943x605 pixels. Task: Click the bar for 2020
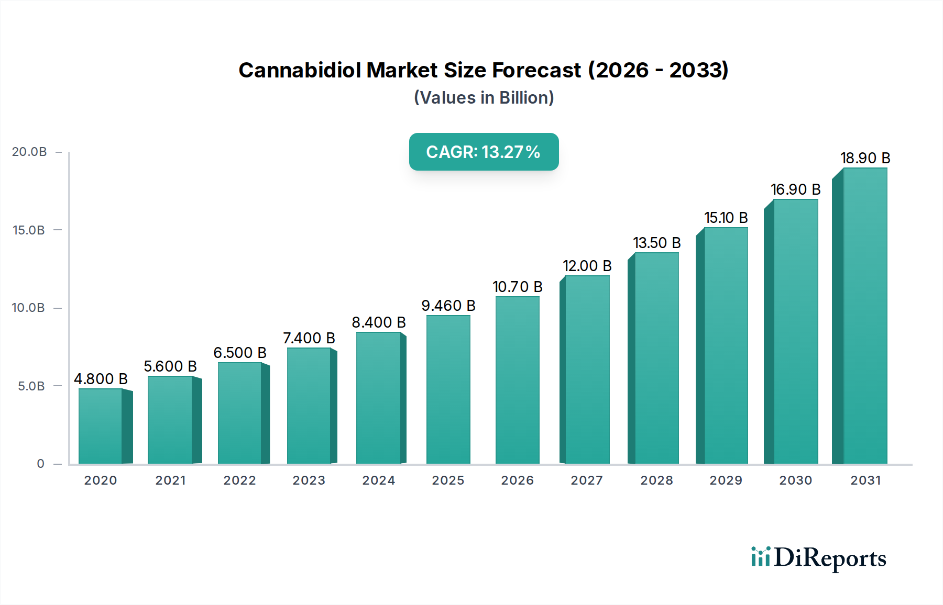101,426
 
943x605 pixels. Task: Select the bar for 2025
448,389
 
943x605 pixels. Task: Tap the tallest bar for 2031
864,316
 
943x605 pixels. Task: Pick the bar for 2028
656,358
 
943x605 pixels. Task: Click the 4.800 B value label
101,379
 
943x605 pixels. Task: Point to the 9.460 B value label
448,306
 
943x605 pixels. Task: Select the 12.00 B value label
587,266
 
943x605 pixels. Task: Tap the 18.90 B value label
865,158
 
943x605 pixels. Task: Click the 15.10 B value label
726,218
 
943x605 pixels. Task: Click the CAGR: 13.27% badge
484,152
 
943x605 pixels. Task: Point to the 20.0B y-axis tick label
29,152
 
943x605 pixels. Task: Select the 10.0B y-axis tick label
28,308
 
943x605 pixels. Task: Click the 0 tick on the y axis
41,464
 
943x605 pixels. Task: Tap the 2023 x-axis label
309,480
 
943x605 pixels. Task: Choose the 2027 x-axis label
587,480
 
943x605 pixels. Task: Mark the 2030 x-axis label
795,480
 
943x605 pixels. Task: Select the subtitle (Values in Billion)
484,98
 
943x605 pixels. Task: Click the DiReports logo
818,558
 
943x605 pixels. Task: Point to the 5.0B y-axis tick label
31,386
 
